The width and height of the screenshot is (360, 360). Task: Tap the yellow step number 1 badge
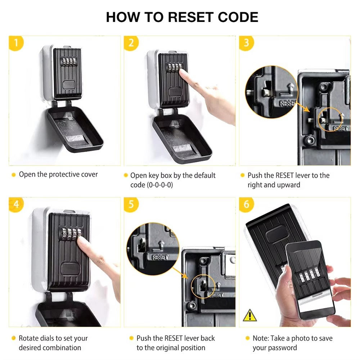click(x=16, y=43)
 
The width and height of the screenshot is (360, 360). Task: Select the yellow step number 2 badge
click(x=131, y=43)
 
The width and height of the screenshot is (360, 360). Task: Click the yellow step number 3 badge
click(x=246, y=43)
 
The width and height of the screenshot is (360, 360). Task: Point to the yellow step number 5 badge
click(x=131, y=204)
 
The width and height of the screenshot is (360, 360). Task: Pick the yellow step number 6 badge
click(x=246, y=204)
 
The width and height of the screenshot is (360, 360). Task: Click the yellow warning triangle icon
click(x=249, y=315)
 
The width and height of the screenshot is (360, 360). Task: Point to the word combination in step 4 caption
click(x=62, y=348)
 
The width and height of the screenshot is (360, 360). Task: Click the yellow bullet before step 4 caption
click(x=14, y=338)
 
